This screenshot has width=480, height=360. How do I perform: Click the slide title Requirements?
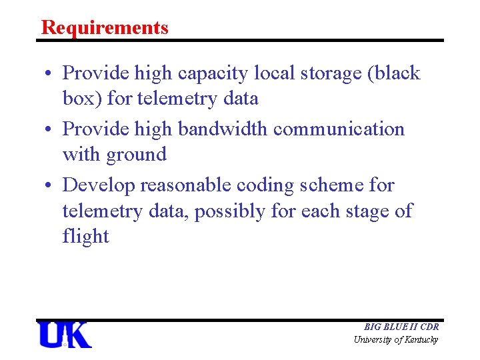(x=105, y=27)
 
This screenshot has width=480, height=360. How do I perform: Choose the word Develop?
(x=98, y=184)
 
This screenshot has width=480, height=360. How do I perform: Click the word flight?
(x=85, y=237)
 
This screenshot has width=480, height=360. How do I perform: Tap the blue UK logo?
(x=65, y=335)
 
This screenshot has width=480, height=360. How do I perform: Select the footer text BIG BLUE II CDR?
(x=401, y=327)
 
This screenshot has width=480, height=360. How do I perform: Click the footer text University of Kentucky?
(x=396, y=340)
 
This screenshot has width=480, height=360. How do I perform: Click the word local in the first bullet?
(x=268, y=73)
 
